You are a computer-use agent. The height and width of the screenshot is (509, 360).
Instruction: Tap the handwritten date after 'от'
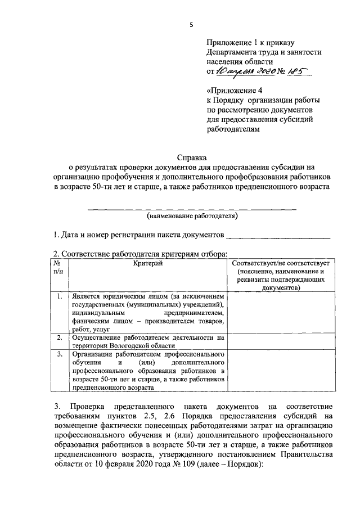248,71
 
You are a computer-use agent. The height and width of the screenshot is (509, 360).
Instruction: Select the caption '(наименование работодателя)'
192,216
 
